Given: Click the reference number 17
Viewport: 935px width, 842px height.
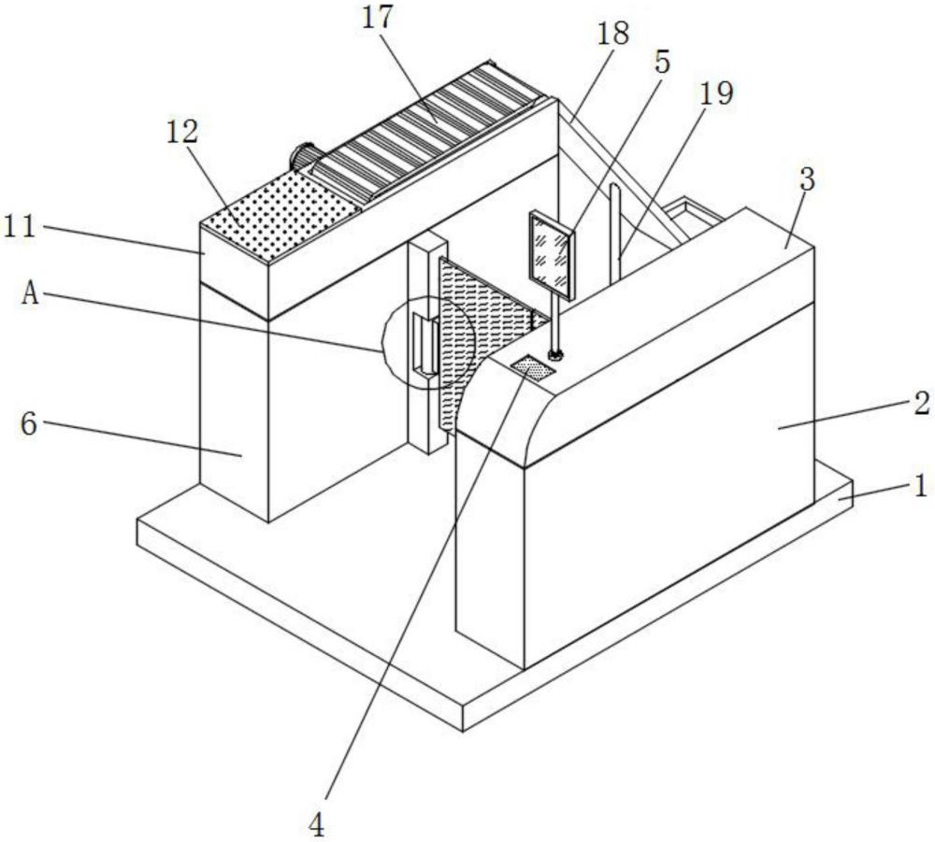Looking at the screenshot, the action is (x=378, y=18).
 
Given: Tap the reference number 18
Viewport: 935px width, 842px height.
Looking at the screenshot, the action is (x=613, y=34).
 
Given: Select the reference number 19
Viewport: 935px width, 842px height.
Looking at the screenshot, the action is (x=715, y=93).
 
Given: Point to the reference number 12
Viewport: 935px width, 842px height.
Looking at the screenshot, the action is (x=181, y=133).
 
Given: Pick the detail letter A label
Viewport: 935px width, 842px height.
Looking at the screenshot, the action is (x=31, y=293).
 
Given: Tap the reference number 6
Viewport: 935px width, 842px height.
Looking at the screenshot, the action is (x=29, y=423).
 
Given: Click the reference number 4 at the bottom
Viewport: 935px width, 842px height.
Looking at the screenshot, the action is (x=317, y=825).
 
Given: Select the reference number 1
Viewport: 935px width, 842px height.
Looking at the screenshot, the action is (x=920, y=485).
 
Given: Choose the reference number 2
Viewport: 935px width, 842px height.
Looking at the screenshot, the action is (x=921, y=404).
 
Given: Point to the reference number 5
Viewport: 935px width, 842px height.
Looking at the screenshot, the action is (x=662, y=62).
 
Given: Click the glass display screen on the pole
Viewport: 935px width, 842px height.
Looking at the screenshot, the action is (x=553, y=255).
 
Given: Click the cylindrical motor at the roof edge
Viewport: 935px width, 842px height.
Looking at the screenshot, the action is (x=304, y=156).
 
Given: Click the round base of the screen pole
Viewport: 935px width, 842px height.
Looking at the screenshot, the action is (x=555, y=356).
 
